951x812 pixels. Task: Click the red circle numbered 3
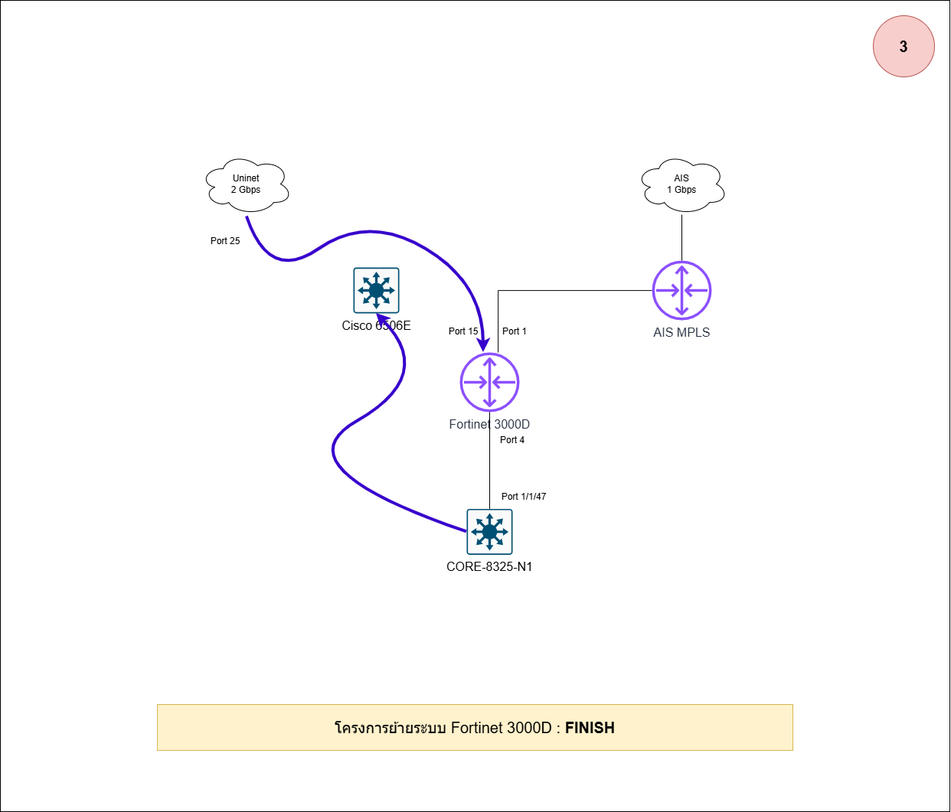click(904, 47)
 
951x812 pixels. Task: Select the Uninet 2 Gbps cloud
click(247, 184)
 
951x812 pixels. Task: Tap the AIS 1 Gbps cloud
click(681, 184)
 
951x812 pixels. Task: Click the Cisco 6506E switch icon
click(376, 290)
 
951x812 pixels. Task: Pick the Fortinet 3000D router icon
click(489, 382)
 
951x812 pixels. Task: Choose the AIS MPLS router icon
click(681, 291)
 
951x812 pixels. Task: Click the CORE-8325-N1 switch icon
click(489, 532)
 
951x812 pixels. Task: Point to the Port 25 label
click(225, 241)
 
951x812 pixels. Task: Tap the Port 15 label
click(463, 331)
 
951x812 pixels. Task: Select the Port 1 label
click(515, 331)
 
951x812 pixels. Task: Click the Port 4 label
click(512, 440)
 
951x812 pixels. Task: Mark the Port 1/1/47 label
click(524, 497)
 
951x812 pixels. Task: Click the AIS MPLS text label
click(681, 333)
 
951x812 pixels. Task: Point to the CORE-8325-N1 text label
click(489, 567)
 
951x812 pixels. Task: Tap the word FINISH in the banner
click(590, 728)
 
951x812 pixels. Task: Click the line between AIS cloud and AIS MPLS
click(681, 237)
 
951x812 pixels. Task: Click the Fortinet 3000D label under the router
click(489, 425)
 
